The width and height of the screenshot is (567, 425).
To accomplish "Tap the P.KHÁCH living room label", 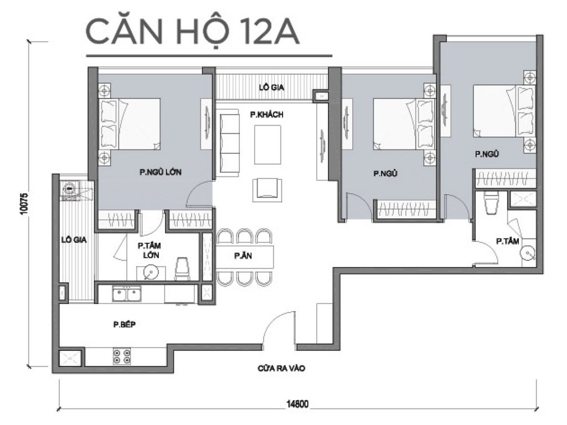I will [266, 115].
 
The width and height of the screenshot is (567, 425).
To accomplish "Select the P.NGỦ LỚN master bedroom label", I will [161, 172].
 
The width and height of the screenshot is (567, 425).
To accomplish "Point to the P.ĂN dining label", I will [240, 256].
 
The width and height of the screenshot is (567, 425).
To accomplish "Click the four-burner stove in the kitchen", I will [122, 356].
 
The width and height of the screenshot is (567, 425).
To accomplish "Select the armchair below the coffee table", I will [264, 189].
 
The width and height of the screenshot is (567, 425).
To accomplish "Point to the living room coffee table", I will [267, 141].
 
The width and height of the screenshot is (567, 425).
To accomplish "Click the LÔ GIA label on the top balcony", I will [268, 87].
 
